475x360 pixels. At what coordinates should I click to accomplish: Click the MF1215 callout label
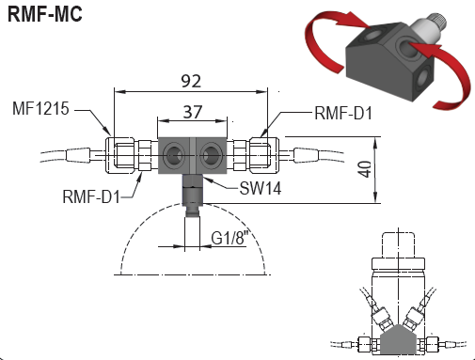coord(40,108)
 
